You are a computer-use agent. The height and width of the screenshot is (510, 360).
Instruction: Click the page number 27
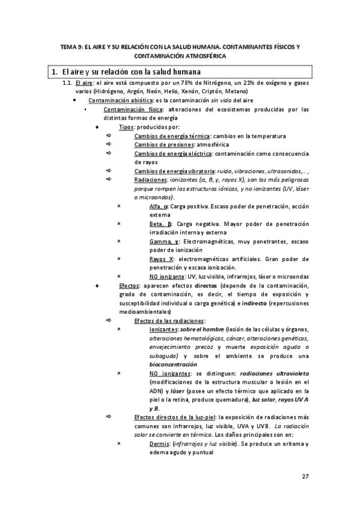pyautogui.click(x=305, y=476)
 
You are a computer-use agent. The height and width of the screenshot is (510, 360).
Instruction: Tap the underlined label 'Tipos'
pyautogui.click(x=126, y=127)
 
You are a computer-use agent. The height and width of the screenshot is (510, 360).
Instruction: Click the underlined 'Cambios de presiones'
pyautogui.click(x=160, y=144)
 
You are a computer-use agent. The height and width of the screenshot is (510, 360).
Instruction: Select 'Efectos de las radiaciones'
pyautogui.click(x=169, y=321)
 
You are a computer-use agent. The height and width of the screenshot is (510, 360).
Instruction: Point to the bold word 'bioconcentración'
pyautogui.click(x=173, y=364)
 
